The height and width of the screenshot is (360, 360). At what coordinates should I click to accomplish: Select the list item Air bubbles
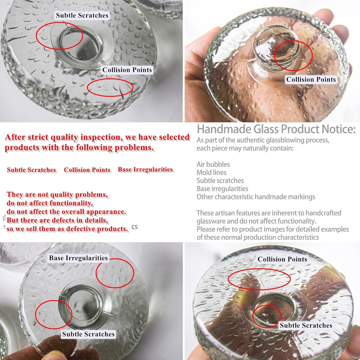tap(213, 165)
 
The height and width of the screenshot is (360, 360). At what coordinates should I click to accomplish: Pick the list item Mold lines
tap(211, 172)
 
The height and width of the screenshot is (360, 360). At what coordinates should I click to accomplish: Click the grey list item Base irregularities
tap(222, 189)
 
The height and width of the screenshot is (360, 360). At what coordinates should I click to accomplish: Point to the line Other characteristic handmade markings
tap(256, 197)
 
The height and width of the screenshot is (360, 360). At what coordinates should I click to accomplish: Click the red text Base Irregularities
tap(145, 169)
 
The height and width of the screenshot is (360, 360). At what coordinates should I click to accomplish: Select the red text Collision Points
tap(87, 170)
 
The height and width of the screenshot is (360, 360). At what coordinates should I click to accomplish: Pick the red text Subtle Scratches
tap(31, 170)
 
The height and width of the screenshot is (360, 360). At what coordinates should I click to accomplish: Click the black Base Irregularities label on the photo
tap(78, 258)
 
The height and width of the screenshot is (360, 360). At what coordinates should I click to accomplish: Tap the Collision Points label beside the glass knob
tap(311, 79)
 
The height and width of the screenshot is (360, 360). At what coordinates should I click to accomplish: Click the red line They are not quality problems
tap(57, 195)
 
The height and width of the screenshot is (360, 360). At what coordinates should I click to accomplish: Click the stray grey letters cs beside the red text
tap(135, 227)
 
